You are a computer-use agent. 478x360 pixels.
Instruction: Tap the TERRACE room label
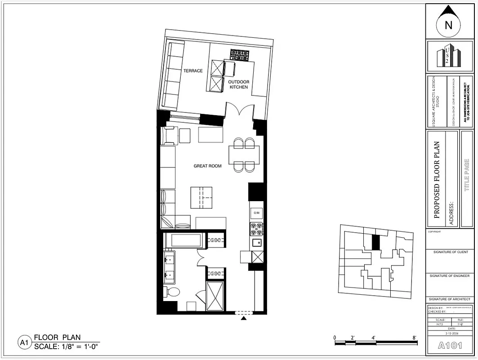click(193, 71)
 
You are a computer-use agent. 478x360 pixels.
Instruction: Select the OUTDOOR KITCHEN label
click(238, 84)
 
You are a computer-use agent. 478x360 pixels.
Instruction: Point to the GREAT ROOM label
click(208, 166)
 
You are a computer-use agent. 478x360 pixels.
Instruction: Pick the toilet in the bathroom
click(171, 292)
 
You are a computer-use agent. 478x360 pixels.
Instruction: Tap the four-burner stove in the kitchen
click(256, 229)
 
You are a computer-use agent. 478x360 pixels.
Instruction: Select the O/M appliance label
click(257, 212)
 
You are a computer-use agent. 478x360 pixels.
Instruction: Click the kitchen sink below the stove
click(256, 243)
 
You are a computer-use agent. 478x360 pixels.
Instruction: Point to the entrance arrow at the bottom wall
click(243, 318)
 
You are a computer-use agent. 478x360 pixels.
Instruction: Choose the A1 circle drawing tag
click(24, 343)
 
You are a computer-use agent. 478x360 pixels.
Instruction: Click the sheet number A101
click(450, 346)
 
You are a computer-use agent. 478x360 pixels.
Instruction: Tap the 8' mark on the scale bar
click(414, 337)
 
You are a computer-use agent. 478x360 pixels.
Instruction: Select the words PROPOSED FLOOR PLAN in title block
click(436, 180)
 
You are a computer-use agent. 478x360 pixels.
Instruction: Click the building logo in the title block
click(449, 56)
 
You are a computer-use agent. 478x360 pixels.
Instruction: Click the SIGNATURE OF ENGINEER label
click(450, 275)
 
